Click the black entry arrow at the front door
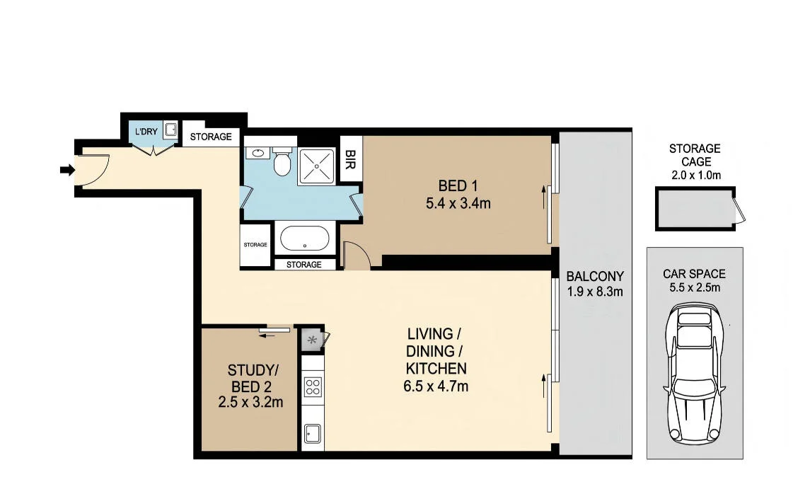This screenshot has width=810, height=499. point(67,170)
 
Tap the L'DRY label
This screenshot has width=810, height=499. point(146,132)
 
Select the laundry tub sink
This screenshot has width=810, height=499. point(171,130)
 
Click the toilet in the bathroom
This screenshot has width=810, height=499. point(282,161)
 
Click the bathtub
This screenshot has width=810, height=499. point(304,239)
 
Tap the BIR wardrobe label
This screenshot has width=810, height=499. point(349,159)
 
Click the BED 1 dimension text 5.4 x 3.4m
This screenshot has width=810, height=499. point(458,203)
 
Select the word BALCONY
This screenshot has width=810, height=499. point(595,276)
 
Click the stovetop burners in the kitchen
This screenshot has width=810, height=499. point(313,386)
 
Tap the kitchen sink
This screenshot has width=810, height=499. point(313,433)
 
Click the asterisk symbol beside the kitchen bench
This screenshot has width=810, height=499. point(312,340)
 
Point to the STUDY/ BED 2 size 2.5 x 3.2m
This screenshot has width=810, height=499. point(250,402)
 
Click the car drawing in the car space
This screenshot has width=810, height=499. point(694,373)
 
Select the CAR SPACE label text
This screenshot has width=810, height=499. point(694,274)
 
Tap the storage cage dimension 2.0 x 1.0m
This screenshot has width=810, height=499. point(696,176)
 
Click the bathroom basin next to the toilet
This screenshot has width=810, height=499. point(255,153)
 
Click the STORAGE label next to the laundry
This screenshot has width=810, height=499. point(211,137)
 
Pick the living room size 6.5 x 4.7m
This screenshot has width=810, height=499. point(436,386)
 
